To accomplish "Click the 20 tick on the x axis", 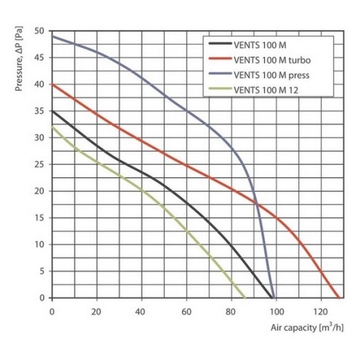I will coord(96,310).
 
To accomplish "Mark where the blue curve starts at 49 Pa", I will coord(52,37).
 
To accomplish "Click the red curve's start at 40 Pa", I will coord(52,85).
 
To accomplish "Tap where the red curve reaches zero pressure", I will coord(338,297).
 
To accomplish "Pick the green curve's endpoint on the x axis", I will coord(244,297).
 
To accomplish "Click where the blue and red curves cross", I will coord(256,204).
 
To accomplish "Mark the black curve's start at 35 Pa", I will coord(52,112).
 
